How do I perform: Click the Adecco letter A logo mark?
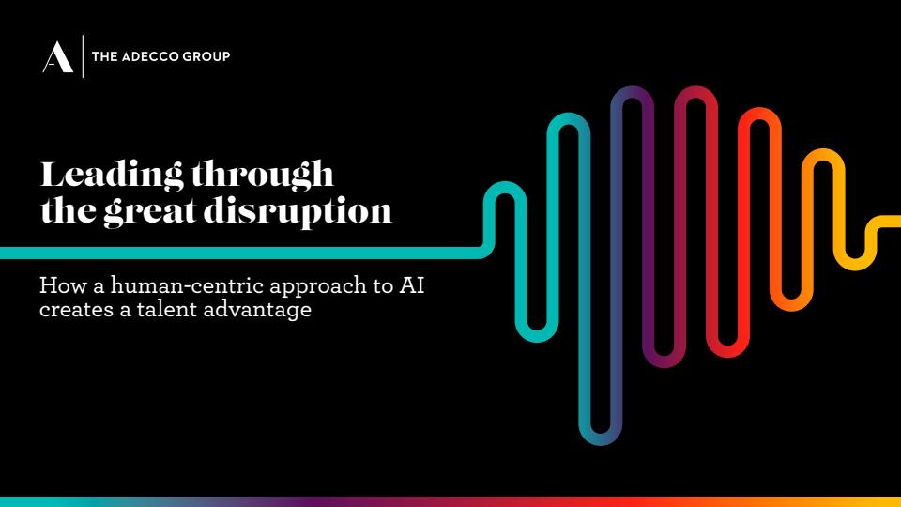[x=58, y=57]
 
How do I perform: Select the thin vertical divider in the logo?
[x=83, y=55]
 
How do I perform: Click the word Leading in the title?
[x=112, y=175]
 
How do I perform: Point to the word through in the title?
[x=262, y=175]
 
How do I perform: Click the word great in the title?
[x=149, y=211]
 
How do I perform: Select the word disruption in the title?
[x=298, y=211]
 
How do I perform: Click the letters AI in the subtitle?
[x=411, y=285]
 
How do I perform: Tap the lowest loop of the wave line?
[x=600, y=435]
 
